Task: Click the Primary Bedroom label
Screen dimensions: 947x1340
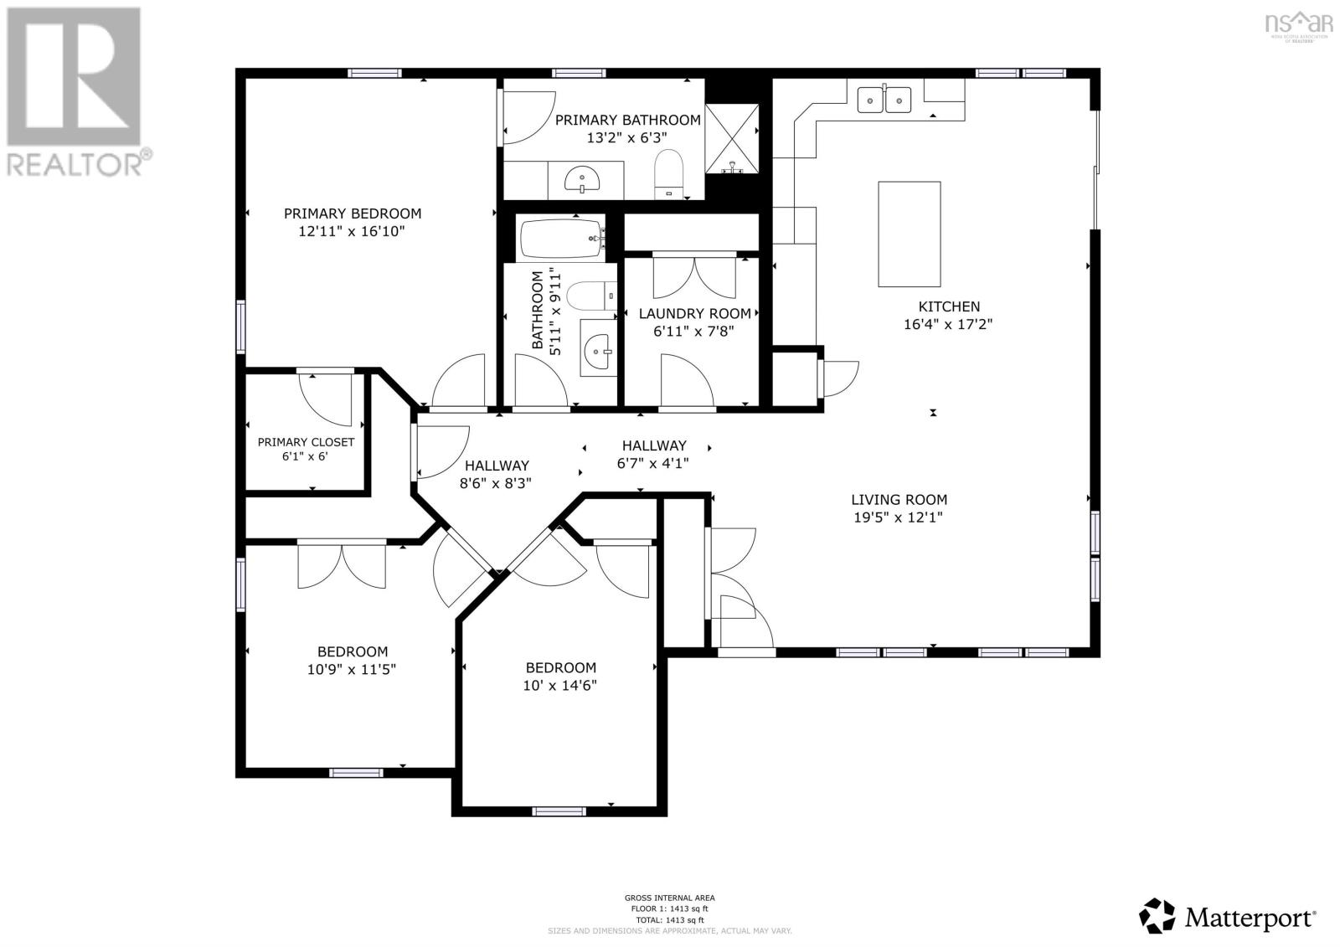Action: pos(352,214)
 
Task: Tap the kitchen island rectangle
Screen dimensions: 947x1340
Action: pos(909,234)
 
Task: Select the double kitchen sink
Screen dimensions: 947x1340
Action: pos(884,100)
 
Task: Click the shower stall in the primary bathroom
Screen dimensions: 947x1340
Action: pos(732,138)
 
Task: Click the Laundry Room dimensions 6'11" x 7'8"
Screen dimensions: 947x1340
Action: pos(693,331)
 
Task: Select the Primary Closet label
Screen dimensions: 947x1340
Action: pos(306,442)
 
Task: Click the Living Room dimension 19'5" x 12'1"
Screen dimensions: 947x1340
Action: pos(899,517)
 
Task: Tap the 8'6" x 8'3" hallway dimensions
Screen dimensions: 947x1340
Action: pos(496,483)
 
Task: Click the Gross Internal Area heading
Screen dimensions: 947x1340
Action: pos(669,898)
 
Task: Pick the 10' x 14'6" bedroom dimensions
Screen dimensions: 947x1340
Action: pos(560,686)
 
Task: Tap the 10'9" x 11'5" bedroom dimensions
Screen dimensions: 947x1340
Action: pos(352,669)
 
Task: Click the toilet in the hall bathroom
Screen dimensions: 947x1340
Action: pos(590,295)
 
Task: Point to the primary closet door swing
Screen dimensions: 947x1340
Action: pos(327,399)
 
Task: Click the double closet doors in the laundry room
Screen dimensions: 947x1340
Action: pos(693,276)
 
